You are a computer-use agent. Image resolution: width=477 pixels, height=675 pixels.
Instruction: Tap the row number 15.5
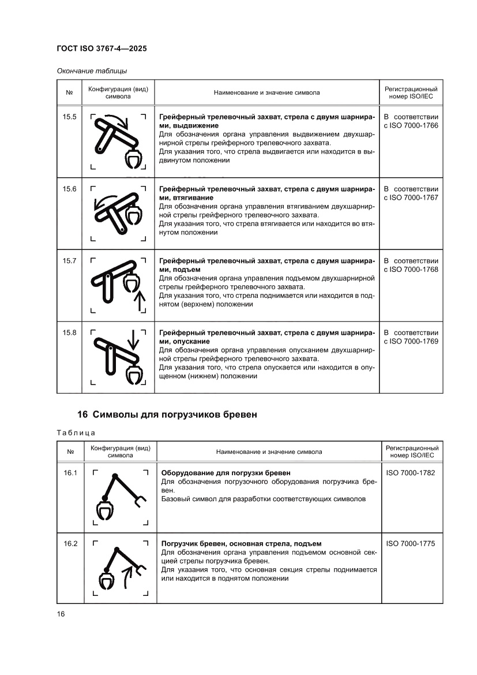click(x=70, y=117)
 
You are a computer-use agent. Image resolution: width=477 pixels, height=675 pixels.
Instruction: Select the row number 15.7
click(x=70, y=261)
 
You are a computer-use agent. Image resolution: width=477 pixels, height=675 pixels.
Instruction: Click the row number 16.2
click(x=70, y=543)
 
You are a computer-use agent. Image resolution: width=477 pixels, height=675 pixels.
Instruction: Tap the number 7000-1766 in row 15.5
click(x=421, y=125)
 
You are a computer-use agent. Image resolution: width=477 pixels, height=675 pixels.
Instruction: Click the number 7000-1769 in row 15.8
click(x=421, y=341)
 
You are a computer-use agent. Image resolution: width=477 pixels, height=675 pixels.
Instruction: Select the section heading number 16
click(x=82, y=414)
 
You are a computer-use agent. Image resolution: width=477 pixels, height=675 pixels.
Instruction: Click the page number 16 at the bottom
click(x=61, y=614)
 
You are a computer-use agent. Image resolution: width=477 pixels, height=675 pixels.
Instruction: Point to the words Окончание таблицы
click(x=92, y=71)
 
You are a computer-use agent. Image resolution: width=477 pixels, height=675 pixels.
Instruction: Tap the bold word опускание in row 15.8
click(x=187, y=341)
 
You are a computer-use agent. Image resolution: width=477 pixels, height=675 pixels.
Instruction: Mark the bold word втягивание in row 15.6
click(x=189, y=197)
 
